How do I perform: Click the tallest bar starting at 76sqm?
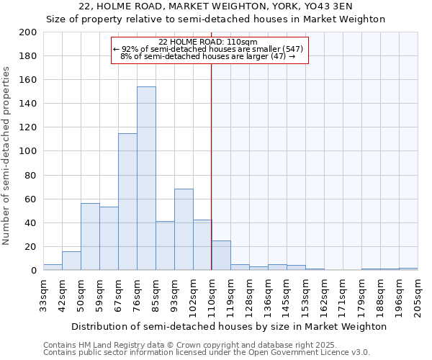click(x=146, y=179)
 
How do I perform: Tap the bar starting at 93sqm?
click(x=184, y=230)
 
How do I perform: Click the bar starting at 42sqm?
click(x=71, y=261)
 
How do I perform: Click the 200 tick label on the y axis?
click(x=27, y=32)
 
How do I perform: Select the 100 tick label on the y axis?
click(x=27, y=151)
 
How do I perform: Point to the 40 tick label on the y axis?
click(x=30, y=222)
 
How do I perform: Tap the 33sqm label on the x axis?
click(x=43, y=294)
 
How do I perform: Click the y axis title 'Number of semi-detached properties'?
click(x=7, y=156)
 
